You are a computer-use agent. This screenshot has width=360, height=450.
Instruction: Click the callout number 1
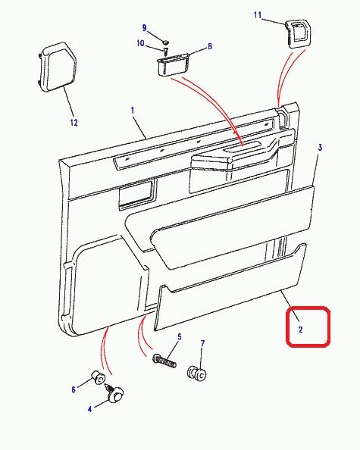point(133,111)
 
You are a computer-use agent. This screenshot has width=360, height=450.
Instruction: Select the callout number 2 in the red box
point(300,330)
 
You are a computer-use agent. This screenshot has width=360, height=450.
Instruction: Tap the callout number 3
point(320,148)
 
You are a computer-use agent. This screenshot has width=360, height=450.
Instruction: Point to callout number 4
point(89,409)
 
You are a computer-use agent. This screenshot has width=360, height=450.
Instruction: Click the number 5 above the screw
point(180,336)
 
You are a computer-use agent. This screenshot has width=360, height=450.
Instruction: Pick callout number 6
point(74,389)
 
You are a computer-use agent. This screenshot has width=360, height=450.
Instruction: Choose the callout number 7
point(202,343)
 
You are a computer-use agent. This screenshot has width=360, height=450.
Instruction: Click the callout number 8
point(210,46)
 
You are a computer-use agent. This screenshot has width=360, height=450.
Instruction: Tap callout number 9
point(145,28)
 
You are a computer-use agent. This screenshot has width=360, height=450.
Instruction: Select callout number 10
point(140,43)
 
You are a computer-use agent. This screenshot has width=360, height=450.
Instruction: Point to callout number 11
point(258,15)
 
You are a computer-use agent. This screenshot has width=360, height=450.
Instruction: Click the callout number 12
point(74,123)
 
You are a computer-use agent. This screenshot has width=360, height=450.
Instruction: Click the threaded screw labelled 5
point(164,361)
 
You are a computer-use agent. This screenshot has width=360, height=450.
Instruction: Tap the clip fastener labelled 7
point(197,373)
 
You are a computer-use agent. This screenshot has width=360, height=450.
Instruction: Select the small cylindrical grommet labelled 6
point(98,377)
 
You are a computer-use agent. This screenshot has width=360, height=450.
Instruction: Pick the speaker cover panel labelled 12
point(57,67)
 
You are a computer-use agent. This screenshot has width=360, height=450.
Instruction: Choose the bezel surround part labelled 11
point(299,33)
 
